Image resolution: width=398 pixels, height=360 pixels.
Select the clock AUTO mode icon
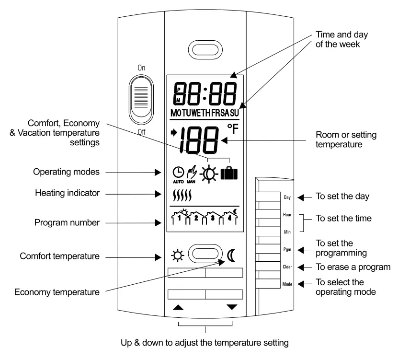[178, 174]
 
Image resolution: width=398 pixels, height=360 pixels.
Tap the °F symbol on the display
[233, 130]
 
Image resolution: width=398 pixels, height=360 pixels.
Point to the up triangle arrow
[178, 307]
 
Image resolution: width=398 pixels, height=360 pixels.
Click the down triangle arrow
[232, 307]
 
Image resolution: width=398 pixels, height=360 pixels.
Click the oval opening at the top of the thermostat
[205, 49]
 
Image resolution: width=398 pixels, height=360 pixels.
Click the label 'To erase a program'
[353, 267]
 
